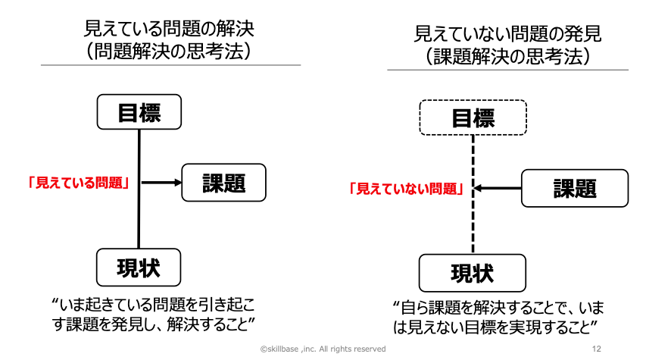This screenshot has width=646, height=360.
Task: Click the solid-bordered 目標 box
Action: tap(139, 111)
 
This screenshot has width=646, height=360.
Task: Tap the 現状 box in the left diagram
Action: tap(139, 266)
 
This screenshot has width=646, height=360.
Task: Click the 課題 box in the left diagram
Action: tap(224, 182)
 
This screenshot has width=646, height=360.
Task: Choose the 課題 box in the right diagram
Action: tap(575, 188)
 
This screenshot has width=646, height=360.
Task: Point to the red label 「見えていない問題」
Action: tap(407, 189)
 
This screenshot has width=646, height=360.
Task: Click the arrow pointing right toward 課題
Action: tap(162, 183)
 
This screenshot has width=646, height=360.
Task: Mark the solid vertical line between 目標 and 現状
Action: tap(139, 220)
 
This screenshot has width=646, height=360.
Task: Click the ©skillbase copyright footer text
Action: tap(323, 349)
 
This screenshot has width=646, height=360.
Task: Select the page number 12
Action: tap(596, 349)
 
